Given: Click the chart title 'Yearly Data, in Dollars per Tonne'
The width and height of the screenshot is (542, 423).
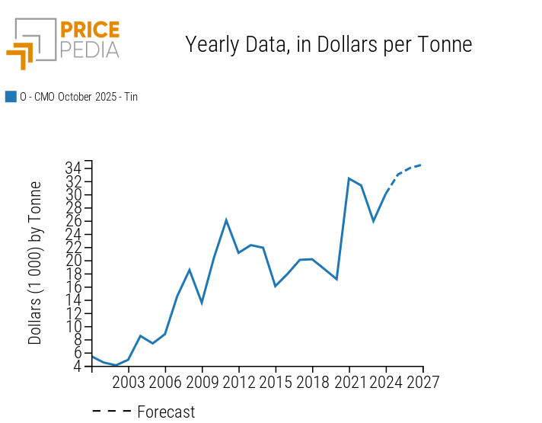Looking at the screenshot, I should coord(329,44).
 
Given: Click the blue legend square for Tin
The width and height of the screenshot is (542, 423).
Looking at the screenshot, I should coord(11,97).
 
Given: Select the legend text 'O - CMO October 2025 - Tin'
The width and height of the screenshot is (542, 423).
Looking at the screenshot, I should coord(78,97).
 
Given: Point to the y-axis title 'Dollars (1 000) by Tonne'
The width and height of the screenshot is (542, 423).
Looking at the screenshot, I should coord(35,263).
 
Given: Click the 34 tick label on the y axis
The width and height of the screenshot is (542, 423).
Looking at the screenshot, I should coord(75,168).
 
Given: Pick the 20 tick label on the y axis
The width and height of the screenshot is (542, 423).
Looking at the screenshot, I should coord(75,261).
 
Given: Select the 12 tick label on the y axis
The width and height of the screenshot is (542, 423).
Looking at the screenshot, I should coord(75,313).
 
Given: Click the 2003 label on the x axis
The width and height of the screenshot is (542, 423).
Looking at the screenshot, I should coord(129,381).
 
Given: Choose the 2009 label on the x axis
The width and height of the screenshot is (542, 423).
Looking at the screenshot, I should coord(202,381).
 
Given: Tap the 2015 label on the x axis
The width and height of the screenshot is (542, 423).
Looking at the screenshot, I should coord(276,381).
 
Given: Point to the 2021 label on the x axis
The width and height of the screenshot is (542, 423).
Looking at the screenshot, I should coord(349,381).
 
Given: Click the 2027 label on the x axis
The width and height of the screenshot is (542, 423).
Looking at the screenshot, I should coord(422,381).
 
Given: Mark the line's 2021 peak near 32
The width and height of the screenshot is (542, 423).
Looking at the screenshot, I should coord(349,178).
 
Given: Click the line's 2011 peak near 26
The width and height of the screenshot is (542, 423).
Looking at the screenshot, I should coord(226,220).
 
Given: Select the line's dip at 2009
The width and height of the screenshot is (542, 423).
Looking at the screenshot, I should coord(202,303).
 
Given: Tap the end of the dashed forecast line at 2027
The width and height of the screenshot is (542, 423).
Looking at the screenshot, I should coord(422,165).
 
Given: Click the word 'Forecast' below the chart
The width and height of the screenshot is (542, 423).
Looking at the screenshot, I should coord(166,412).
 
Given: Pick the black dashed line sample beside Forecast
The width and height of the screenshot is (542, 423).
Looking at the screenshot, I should coord(112,412).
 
